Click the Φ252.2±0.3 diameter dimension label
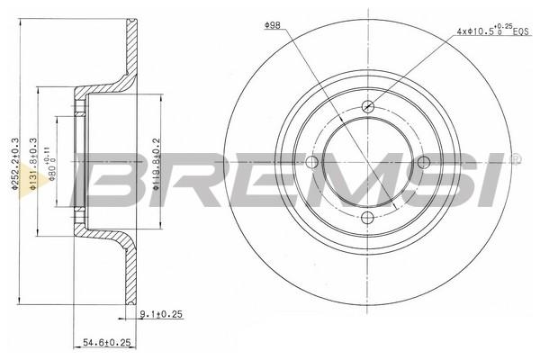click(14, 164)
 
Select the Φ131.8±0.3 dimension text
click(33, 164)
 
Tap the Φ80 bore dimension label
click(51, 164)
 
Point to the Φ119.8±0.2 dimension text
click(156, 164)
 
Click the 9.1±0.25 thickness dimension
click(161, 314)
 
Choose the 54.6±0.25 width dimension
click(107, 342)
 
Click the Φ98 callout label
click(273, 25)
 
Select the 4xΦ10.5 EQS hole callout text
click(492, 31)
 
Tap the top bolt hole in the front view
click(368, 106)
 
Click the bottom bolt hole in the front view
click(368, 217)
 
